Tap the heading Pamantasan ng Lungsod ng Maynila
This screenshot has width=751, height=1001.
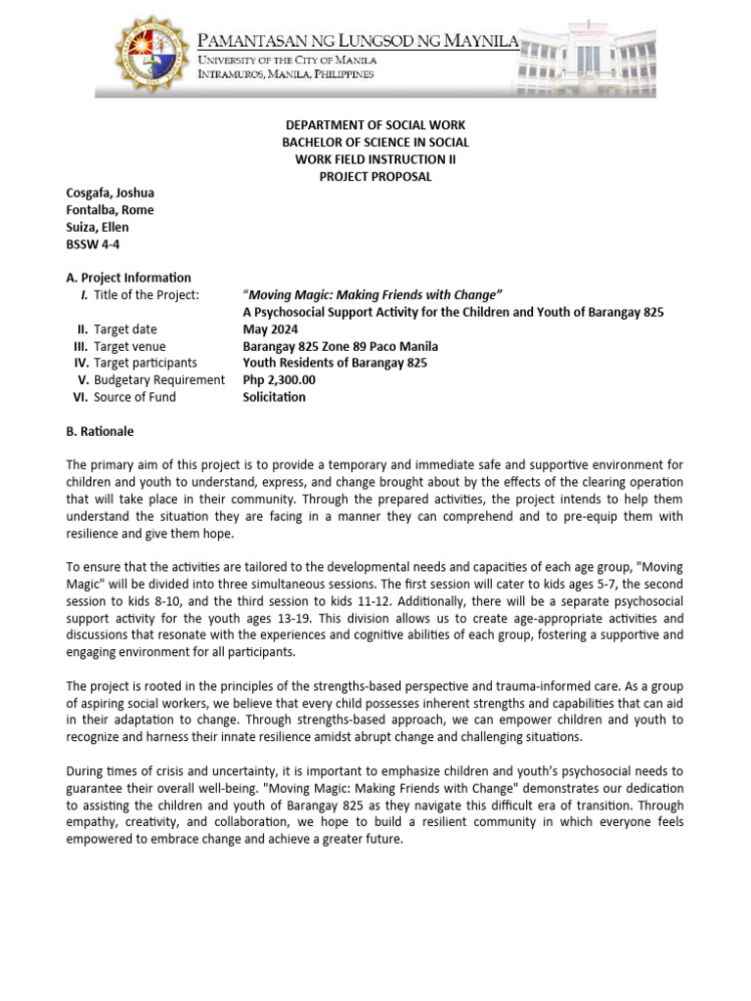pos(359,40)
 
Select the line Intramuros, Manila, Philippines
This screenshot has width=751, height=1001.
pos(286,75)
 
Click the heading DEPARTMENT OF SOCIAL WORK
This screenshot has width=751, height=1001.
pos(375,126)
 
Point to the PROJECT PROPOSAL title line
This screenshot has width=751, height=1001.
pos(375,177)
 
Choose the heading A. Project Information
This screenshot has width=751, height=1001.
pos(128,278)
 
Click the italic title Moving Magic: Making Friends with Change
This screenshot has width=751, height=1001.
pos(373,295)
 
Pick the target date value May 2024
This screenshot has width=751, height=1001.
pos(269,329)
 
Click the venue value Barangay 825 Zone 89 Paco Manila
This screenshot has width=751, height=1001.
pos(340,346)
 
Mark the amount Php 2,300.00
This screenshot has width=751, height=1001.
pos(279,380)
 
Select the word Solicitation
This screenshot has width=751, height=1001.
pos(274,397)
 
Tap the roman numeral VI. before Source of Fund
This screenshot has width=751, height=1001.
pos(80,397)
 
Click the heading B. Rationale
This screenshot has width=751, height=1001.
pos(100,431)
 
